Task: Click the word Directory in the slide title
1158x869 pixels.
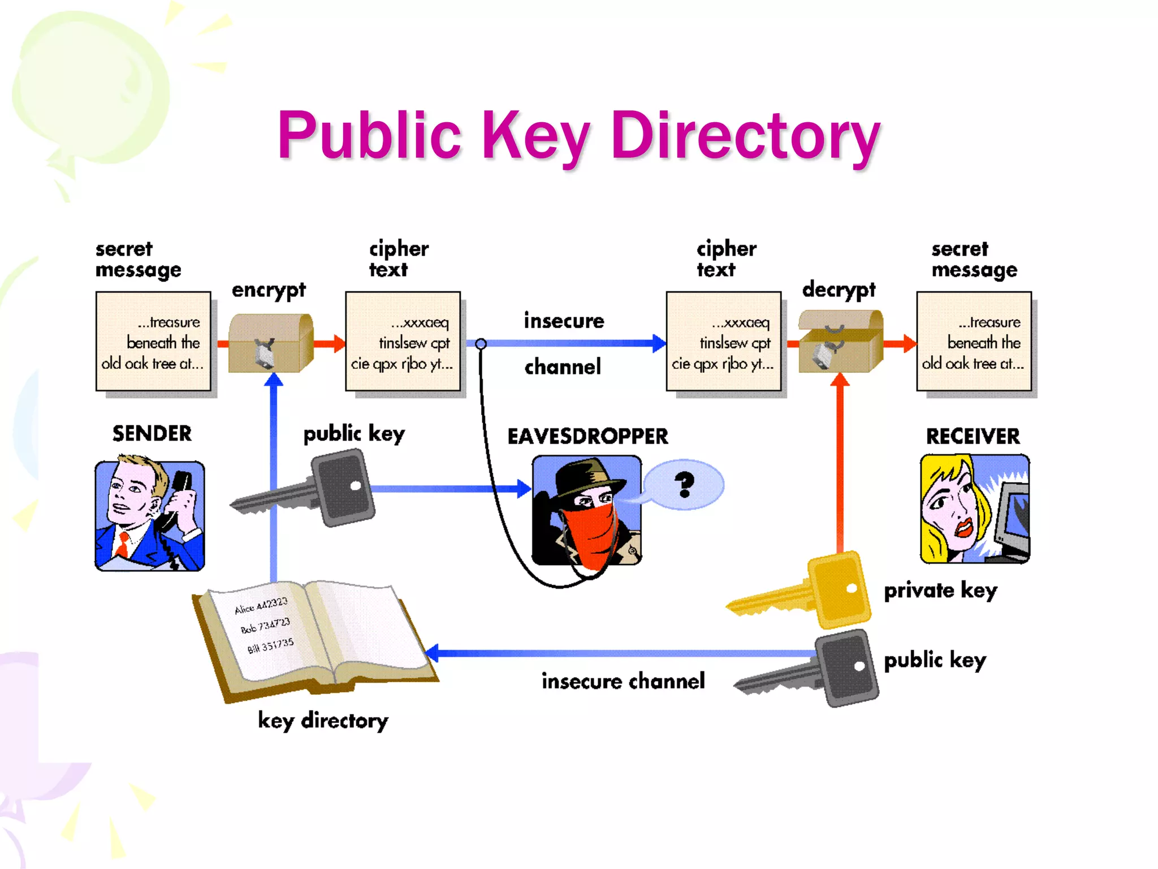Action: pyautogui.click(x=745, y=136)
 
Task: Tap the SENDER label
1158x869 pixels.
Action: pyautogui.click(x=152, y=433)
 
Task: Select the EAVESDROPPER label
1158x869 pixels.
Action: pyautogui.click(x=587, y=436)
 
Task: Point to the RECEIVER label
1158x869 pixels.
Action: pyautogui.click(x=973, y=436)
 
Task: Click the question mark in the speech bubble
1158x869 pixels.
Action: pyautogui.click(x=684, y=484)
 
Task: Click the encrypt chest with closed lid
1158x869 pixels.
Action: pyautogui.click(x=270, y=343)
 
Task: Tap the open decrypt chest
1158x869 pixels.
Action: pyautogui.click(x=840, y=343)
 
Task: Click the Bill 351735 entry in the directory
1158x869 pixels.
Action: pyautogui.click(x=270, y=646)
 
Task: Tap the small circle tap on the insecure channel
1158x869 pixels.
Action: pyautogui.click(x=481, y=343)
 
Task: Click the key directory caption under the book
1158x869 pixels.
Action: pyautogui.click(x=323, y=721)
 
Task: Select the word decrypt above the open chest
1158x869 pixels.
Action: pyautogui.click(x=839, y=290)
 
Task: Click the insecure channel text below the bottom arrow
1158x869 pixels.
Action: pyautogui.click(x=623, y=681)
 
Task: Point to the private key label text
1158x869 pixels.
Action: pyautogui.click(x=940, y=591)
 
